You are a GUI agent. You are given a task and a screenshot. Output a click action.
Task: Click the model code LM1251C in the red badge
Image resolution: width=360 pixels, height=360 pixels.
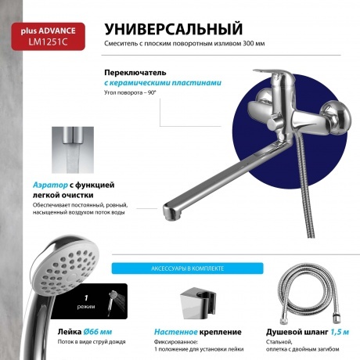[x=48, y=41]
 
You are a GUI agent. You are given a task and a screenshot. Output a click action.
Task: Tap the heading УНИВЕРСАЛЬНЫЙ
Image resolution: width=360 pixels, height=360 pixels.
[x=174, y=29]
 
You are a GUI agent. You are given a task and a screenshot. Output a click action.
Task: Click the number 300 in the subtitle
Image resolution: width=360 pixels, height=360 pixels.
[x=248, y=44]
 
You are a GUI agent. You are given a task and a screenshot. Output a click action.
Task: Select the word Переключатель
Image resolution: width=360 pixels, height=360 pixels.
[x=135, y=72]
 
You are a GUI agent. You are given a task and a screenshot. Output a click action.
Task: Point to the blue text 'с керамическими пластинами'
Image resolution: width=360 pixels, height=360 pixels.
[x=163, y=83]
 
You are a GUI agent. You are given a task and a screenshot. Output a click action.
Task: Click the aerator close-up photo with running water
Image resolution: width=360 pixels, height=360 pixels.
[x=73, y=150]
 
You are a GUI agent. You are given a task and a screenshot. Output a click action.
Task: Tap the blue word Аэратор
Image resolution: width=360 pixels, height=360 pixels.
[x=50, y=185]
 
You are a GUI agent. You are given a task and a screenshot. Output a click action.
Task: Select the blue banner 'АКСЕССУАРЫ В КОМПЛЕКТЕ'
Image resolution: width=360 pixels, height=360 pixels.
[x=187, y=268]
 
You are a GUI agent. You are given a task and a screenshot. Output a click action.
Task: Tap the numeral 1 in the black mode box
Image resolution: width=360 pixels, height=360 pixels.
[x=86, y=297]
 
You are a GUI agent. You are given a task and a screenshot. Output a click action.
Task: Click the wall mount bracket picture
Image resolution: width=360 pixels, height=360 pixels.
[x=198, y=303]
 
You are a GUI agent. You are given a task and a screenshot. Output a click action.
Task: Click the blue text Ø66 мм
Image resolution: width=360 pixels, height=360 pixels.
[x=98, y=332]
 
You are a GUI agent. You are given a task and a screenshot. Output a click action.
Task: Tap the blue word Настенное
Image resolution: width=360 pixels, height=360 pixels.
[x=175, y=332]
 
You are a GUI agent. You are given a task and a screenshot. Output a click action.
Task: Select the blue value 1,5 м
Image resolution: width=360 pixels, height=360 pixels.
[x=340, y=332]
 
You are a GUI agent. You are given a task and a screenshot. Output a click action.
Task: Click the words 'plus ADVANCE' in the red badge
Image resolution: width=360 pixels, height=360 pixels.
[x=48, y=31]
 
